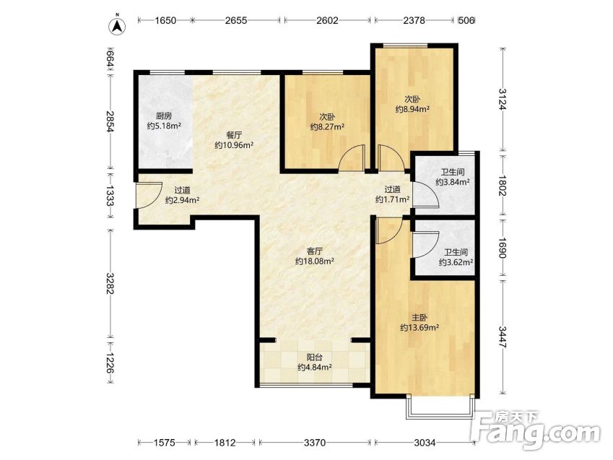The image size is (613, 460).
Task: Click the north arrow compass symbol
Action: click(x=117, y=25)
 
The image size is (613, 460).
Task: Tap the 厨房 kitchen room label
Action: click(x=164, y=116)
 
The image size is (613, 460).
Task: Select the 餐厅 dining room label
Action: click(x=234, y=135)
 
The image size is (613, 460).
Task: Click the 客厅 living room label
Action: click(x=314, y=251)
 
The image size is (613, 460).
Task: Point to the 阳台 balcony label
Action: click(x=315, y=357)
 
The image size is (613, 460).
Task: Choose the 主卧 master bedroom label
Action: click(x=419, y=318)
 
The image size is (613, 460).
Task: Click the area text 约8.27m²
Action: click(x=327, y=127)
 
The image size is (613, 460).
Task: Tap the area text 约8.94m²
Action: click(x=412, y=109)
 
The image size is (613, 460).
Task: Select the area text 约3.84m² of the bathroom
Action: click(x=453, y=182)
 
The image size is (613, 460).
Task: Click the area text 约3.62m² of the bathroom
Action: click(x=456, y=262)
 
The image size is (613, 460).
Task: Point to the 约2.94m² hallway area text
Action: click(x=182, y=200)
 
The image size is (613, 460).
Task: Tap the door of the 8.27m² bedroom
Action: click(x=352, y=158)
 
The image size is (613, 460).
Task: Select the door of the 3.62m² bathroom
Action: click(x=426, y=245)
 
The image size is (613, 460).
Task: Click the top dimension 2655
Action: click(x=236, y=20)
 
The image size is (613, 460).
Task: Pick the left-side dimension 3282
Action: click(x=110, y=284)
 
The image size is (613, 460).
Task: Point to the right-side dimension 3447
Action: click(x=503, y=337)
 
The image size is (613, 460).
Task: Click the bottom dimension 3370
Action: click(x=315, y=443)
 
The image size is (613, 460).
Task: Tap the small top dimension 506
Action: click(x=466, y=20)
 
